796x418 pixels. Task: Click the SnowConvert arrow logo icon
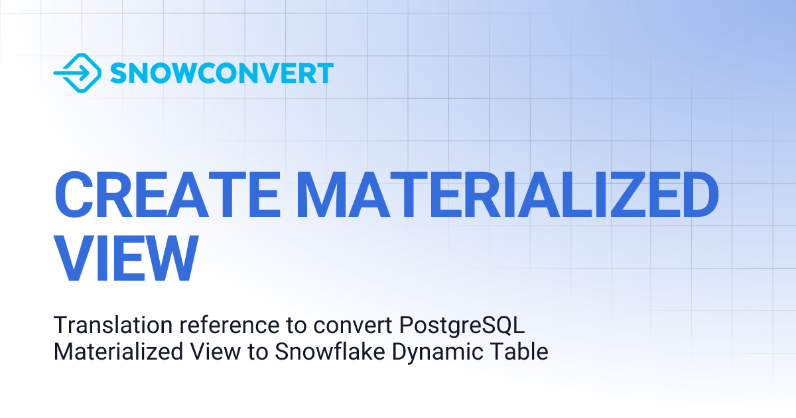coord(77,72)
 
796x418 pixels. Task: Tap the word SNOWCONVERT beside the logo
coord(222,73)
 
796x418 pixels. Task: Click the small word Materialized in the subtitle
coord(113,352)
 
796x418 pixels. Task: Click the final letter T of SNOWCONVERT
coord(325,73)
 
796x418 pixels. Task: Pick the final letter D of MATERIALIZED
coord(696,194)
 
